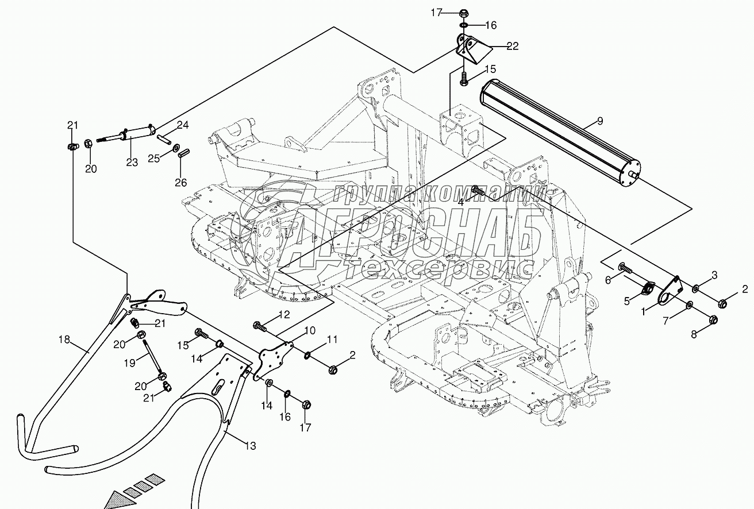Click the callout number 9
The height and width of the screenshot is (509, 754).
(600, 121)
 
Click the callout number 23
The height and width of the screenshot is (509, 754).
(132, 163)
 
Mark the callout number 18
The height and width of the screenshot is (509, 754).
(63, 340)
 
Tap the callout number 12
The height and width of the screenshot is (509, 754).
(284, 314)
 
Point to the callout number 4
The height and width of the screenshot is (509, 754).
(461, 201)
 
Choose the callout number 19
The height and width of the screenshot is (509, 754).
(130, 362)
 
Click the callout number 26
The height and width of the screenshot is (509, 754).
(181, 183)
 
